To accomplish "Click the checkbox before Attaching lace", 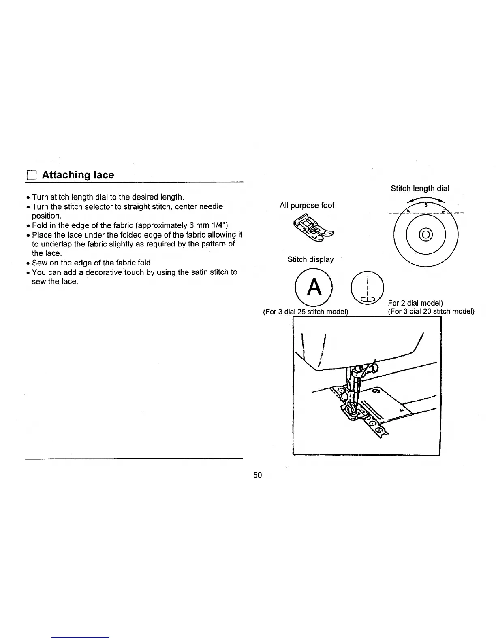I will pyautogui.click(x=31, y=176).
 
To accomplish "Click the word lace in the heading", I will pyautogui.click(x=104, y=175).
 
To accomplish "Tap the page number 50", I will pyautogui.click(x=258, y=475).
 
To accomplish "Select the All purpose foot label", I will pyautogui.click(x=307, y=205).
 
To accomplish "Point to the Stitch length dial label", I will pyautogui.click(x=420, y=188).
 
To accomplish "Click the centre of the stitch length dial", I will pyautogui.click(x=426, y=234).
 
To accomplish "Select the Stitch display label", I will pyautogui.click(x=310, y=259).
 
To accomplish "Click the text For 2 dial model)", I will pyautogui.click(x=415, y=303).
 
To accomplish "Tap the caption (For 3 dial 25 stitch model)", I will pyautogui.click(x=306, y=312).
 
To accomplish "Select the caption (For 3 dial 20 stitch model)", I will pyautogui.click(x=431, y=312).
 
